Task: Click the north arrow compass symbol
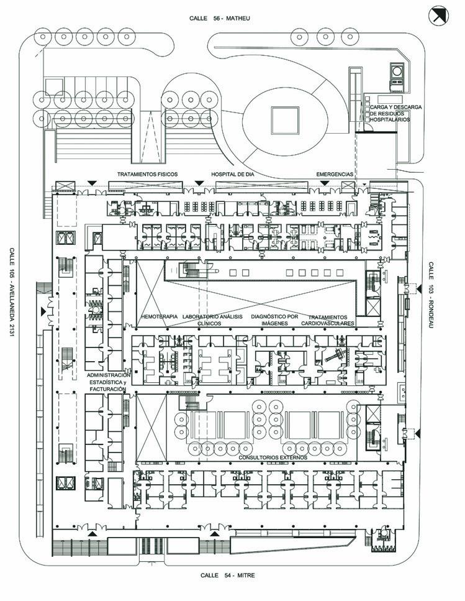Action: pos(440,16)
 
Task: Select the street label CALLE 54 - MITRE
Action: pos(228,576)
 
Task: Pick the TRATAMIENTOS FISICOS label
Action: pos(148,174)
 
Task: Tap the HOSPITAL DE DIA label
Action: pos(233,174)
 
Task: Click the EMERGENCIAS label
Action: pos(335,174)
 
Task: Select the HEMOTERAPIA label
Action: pos(160,317)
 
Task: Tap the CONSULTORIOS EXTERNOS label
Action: pos(273,457)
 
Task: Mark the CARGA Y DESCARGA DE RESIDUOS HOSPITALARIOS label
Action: pos(395,113)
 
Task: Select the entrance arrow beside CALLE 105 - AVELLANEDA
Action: pos(43,310)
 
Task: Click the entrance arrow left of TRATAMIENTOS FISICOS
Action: pos(92,182)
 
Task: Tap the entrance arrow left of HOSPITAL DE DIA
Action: pos(199,182)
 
